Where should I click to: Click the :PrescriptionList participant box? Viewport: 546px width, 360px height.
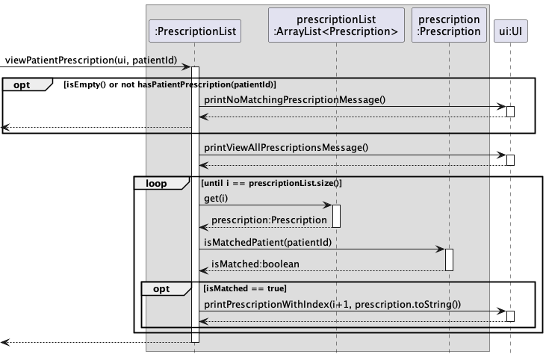195,31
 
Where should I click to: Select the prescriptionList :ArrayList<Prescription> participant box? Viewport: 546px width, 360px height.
336,25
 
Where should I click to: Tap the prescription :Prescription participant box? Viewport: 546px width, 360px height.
449,25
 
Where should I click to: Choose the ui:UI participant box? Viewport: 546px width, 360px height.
510,31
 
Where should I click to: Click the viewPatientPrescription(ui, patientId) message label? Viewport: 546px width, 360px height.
91,60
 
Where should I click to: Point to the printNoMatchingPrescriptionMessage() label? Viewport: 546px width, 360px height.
294,100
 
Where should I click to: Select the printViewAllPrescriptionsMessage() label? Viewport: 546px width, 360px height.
286,148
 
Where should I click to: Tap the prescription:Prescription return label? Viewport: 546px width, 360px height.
269,220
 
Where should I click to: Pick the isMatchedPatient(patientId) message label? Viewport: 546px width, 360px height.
268,242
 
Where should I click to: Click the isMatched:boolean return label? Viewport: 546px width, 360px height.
255,264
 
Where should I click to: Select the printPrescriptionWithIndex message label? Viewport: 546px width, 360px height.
332,305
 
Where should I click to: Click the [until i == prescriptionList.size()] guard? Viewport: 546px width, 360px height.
272,183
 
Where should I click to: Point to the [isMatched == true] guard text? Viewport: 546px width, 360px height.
245,288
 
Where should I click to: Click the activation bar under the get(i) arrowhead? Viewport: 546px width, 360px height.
336,216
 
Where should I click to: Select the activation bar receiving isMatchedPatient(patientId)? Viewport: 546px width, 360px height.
449,260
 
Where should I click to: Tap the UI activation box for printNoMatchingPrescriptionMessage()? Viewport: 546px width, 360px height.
510,112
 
